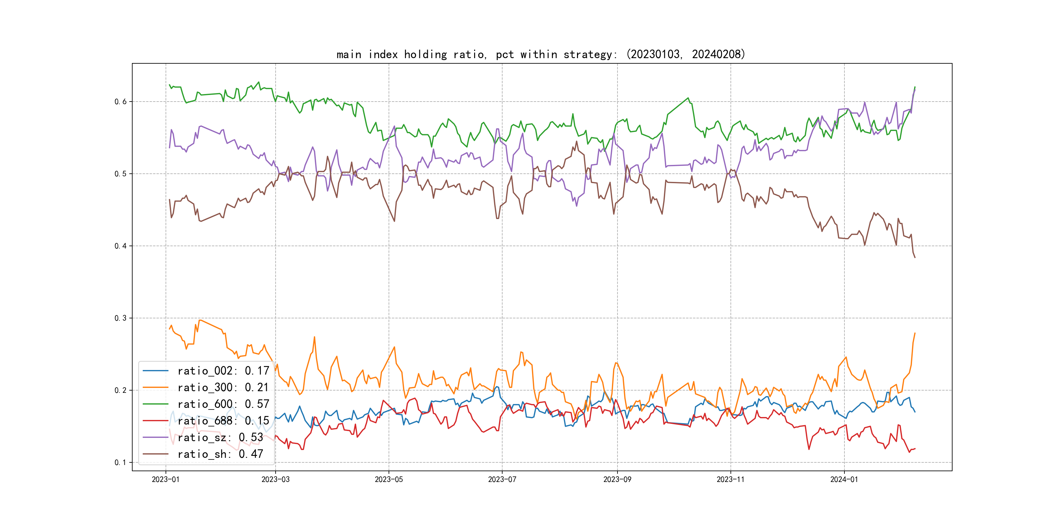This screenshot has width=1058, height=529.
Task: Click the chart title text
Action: tap(540, 54)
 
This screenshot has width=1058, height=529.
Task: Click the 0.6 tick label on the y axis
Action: tap(120, 102)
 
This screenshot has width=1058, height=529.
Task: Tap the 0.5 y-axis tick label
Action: tap(120, 174)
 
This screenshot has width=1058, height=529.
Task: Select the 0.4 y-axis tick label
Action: tap(120, 246)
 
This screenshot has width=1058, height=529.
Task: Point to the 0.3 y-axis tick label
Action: tap(120, 318)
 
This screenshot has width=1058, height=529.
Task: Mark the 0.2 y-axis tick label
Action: tap(120, 390)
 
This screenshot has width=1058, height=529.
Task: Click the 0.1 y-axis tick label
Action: tap(120, 462)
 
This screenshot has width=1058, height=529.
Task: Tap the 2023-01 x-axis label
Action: tap(166, 480)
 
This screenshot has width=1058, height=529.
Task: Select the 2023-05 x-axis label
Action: tap(389, 480)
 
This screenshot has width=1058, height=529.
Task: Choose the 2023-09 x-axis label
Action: tap(617, 480)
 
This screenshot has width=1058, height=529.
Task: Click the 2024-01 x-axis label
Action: tap(844, 480)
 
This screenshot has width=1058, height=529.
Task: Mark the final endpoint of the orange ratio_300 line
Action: tap(915, 333)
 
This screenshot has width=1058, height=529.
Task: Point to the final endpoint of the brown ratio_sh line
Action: tap(915, 258)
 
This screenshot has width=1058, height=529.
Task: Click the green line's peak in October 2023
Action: tap(688, 98)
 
